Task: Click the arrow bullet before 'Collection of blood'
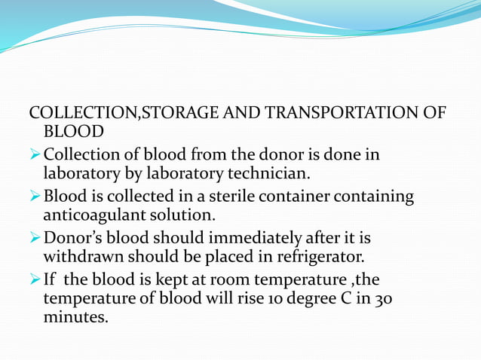(x=35, y=155)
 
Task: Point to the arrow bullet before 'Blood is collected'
(x=35, y=197)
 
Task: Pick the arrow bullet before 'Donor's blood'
(x=35, y=239)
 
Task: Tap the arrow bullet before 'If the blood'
(x=35, y=281)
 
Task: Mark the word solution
(x=183, y=217)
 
